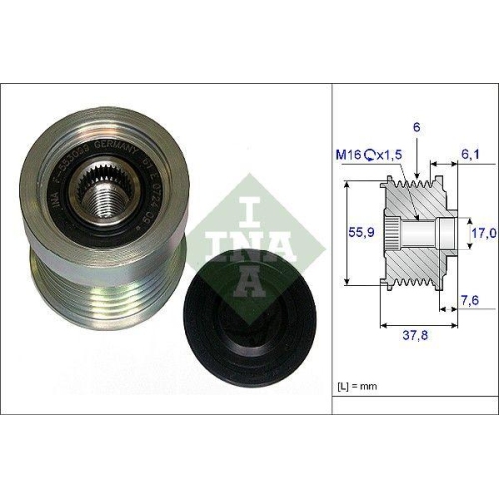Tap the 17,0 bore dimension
tap(483, 233)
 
